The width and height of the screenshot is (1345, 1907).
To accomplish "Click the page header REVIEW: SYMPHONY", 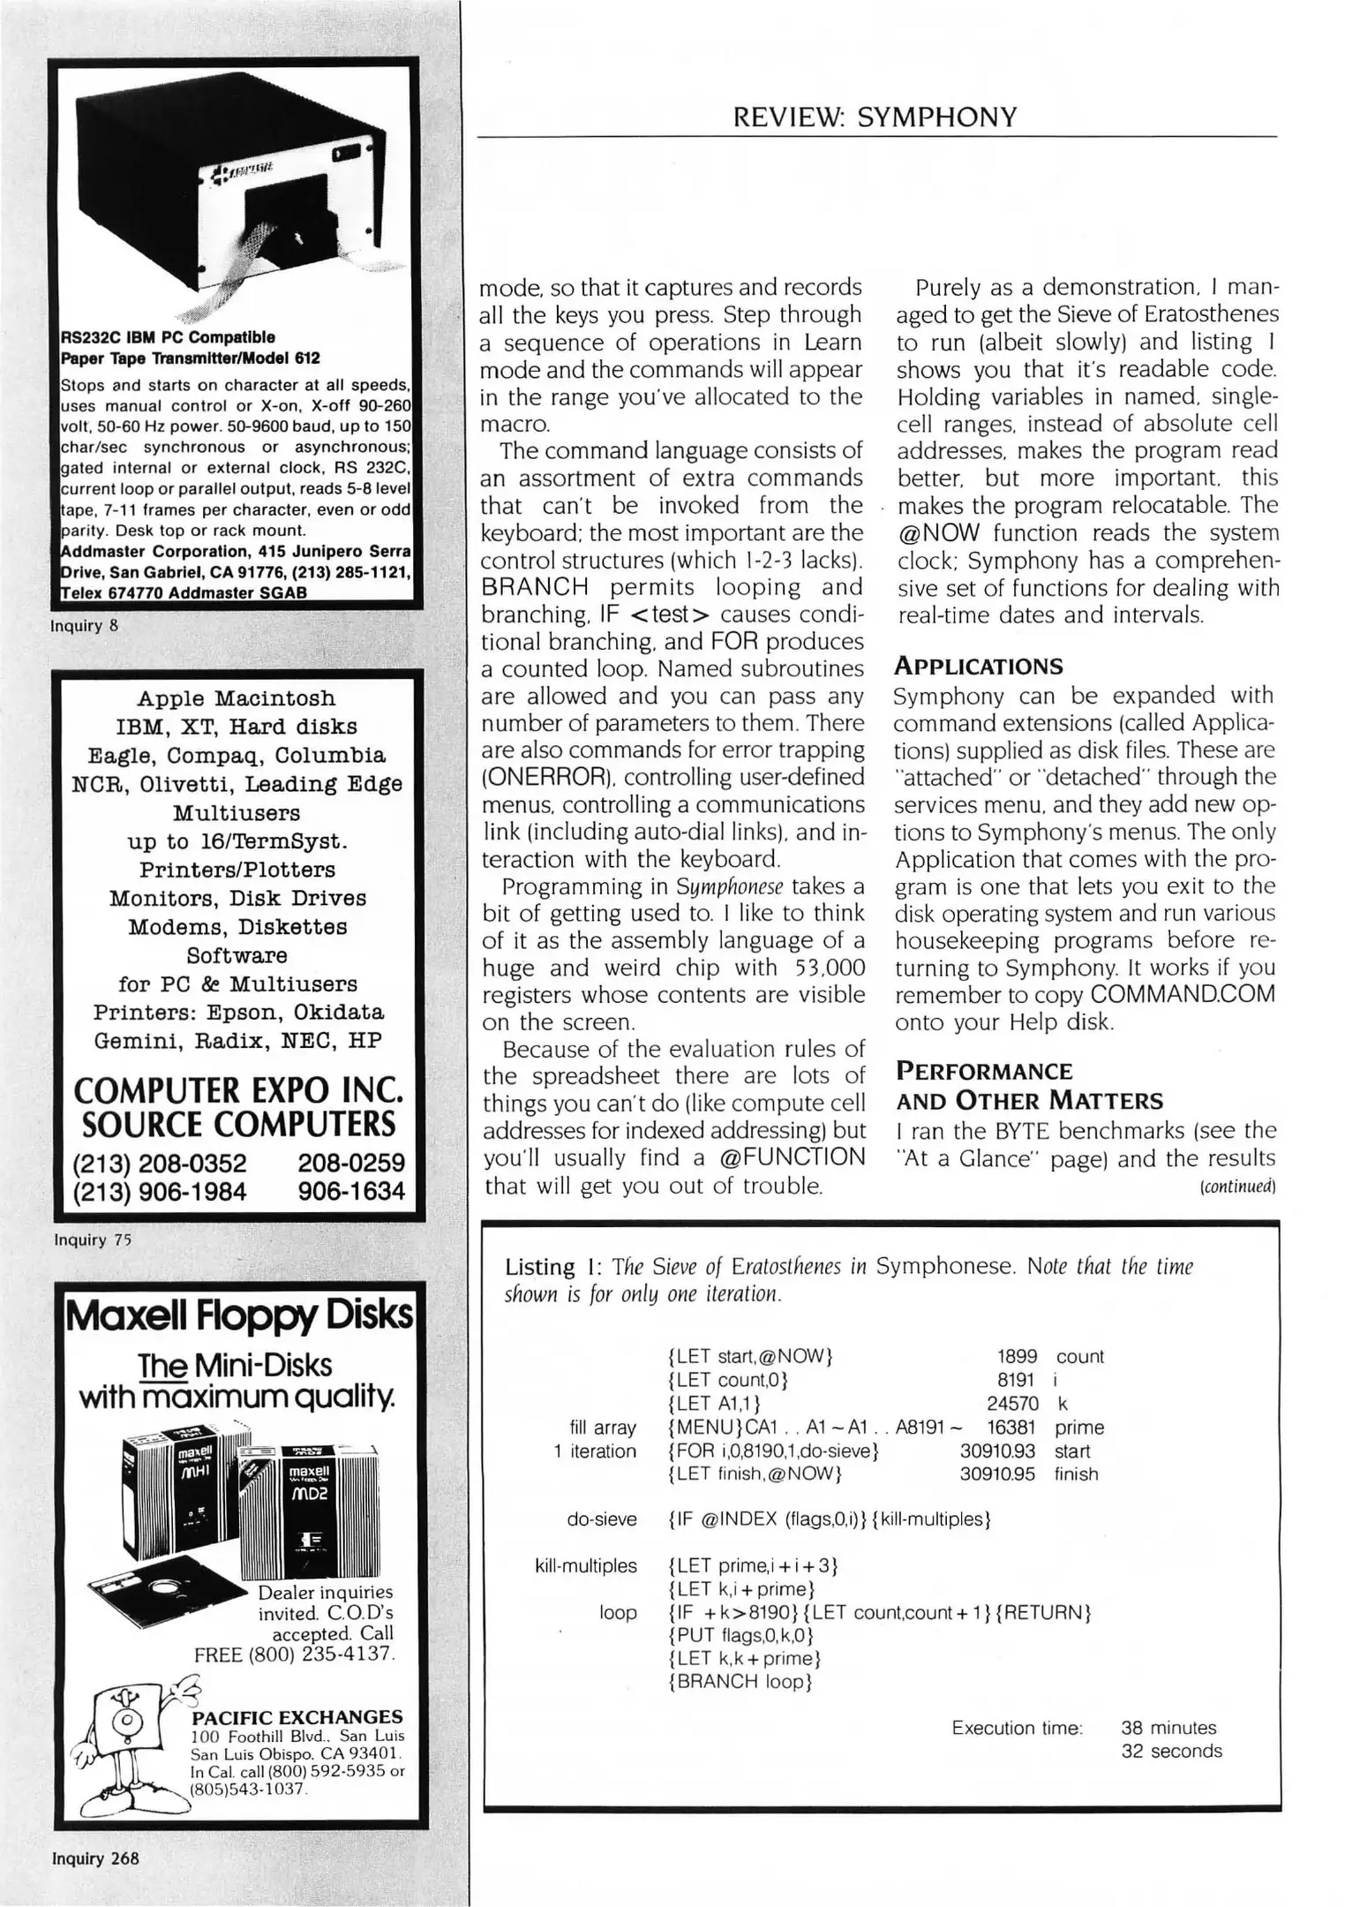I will pyautogui.click(x=875, y=117).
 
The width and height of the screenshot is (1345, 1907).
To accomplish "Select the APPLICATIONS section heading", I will pyautogui.click(x=979, y=666).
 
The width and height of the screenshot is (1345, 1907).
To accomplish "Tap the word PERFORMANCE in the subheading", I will pyautogui.click(x=984, y=1071).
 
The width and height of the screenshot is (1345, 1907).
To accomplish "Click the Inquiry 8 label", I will pyautogui.click(x=85, y=626).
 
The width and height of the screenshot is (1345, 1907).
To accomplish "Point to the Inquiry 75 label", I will pyautogui.click(x=93, y=1240).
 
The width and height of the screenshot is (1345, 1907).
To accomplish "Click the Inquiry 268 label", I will pyautogui.click(x=95, y=1858).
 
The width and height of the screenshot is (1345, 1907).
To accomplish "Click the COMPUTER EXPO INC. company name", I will pyautogui.click(x=238, y=1090).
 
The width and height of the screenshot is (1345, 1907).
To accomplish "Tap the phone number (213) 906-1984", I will pyautogui.click(x=160, y=1192).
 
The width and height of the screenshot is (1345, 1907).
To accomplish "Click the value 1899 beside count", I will pyautogui.click(x=1017, y=1356).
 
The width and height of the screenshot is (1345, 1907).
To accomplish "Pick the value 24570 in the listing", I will pyautogui.click(x=1012, y=1403).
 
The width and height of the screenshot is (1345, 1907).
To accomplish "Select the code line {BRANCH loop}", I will pyautogui.click(x=740, y=1681).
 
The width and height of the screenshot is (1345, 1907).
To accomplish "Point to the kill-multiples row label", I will pyautogui.click(x=586, y=1565).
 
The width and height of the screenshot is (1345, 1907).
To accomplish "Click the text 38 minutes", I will pyautogui.click(x=1168, y=1728).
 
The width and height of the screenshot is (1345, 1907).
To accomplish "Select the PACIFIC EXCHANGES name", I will pyautogui.click(x=297, y=1716).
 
